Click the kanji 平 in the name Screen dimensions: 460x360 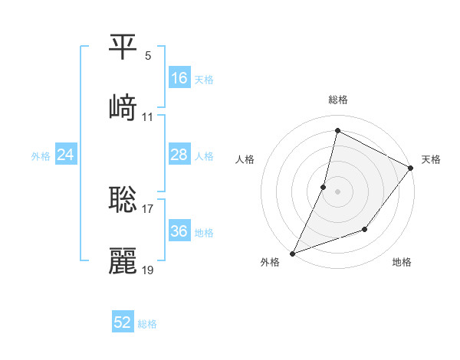(123, 47)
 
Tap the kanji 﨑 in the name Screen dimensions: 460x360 (123, 109)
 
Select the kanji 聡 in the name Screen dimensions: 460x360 (123, 200)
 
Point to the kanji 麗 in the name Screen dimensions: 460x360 (123, 261)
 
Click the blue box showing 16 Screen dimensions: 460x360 (179, 78)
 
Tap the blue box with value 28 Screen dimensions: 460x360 (179, 155)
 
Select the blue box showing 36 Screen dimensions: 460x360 (179, 231)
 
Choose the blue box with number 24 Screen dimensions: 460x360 (65, 155)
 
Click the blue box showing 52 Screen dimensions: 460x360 (123, 322)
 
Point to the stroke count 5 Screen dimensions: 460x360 (148, 56)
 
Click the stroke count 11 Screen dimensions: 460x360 (148, 117)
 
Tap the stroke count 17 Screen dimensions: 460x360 (148, 208)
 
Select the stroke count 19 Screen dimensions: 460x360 (148, 270)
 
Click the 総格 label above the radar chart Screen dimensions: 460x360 (338, 100)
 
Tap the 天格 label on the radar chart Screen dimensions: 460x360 (431, 159)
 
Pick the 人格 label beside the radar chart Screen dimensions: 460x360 (245, 159)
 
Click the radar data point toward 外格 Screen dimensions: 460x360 (293, 253)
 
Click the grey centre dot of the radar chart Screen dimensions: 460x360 (337, 191)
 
